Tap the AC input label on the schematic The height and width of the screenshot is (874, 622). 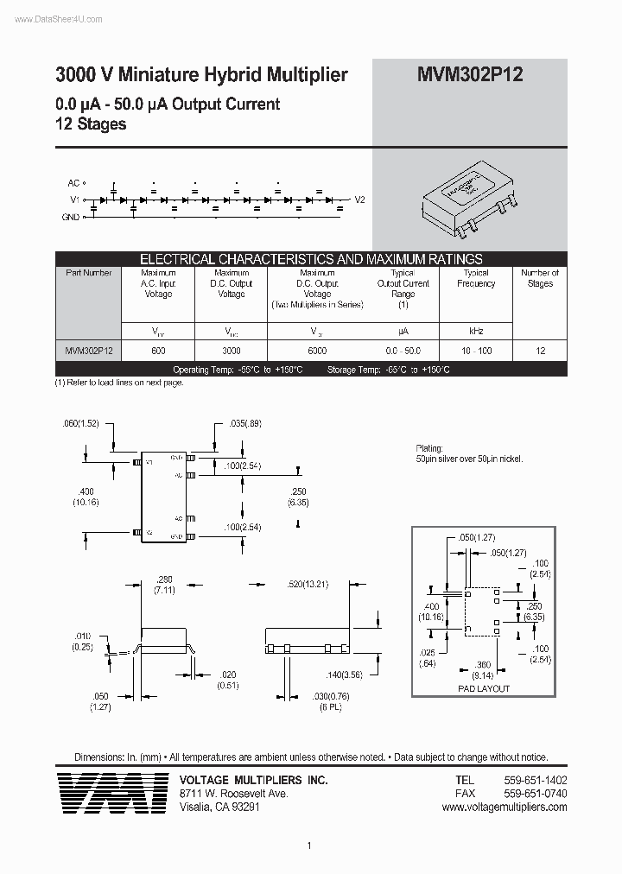pos(73,183)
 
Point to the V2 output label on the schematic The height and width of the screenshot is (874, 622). pos(360,199)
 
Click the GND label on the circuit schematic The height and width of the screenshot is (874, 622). pos(71,217)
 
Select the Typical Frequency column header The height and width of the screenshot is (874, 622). pos(476,278)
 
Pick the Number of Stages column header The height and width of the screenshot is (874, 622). pos(540,278)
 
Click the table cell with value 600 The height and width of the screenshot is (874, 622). pos(158,351)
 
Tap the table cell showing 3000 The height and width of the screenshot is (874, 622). pos(232,351)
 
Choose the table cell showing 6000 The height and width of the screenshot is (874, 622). pos(317,351)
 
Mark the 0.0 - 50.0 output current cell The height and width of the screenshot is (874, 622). pos(403,351)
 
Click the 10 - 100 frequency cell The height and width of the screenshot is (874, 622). pos(476,351)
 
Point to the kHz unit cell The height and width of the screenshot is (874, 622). pos(476,331)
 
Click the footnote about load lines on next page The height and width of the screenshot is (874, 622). pos(119,382)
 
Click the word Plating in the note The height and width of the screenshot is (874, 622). pos(429,449)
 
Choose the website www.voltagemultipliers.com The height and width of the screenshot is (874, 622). pos(504,807)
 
